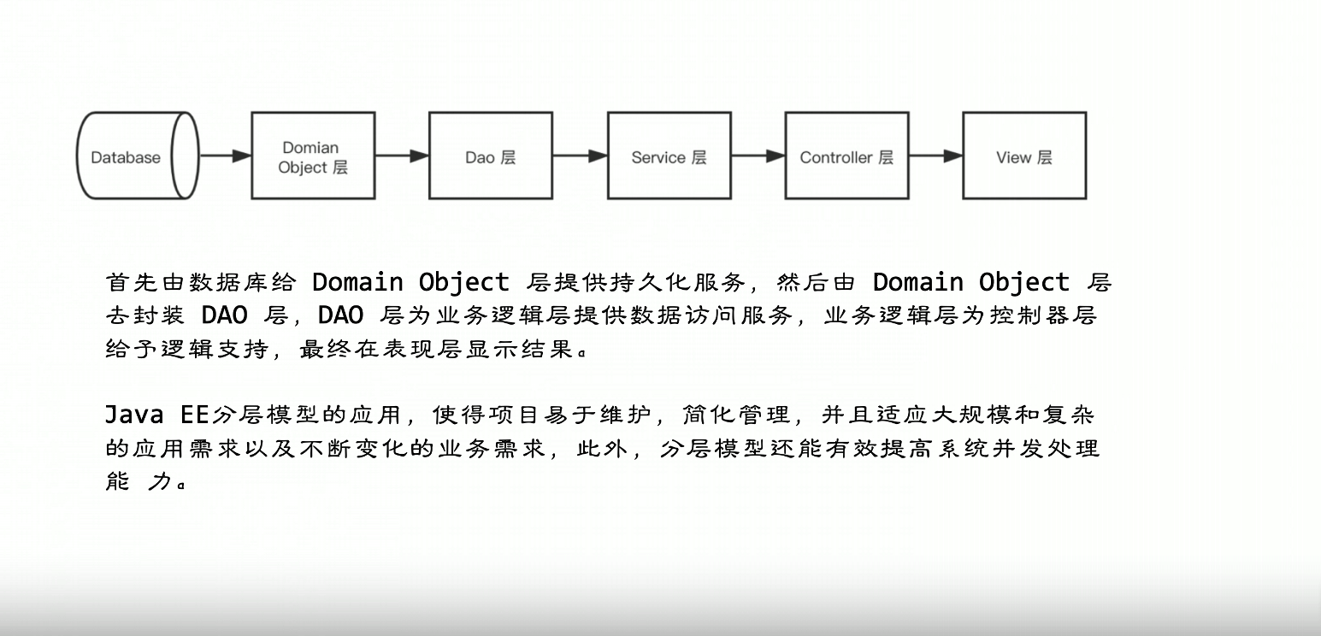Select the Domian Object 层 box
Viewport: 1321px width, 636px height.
click(x=313, y=156)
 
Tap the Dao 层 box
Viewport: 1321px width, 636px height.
click(x=490, y=156)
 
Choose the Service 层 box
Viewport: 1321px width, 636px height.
click(x=669, y=156)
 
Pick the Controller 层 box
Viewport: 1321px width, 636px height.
click(x=846, y=156)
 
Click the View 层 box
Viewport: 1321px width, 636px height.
click(x=1023, y=156)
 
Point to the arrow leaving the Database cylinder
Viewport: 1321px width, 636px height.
click(x=225, y=156)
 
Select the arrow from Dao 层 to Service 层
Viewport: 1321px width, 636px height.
click(x=580, y=156)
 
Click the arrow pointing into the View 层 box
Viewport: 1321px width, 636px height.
click(x=935, y=156)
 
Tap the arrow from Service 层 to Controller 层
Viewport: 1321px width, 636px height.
click(x=758, y=156)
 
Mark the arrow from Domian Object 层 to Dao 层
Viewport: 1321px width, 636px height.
click(x=402, y=156)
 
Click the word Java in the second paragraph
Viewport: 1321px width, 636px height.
click(x=134, y=415)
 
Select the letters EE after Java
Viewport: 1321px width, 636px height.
click(x=195, y=415)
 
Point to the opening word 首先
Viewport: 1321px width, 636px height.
click(x=133, y=282)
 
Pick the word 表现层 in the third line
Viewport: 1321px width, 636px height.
click(x=426, y=349)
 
